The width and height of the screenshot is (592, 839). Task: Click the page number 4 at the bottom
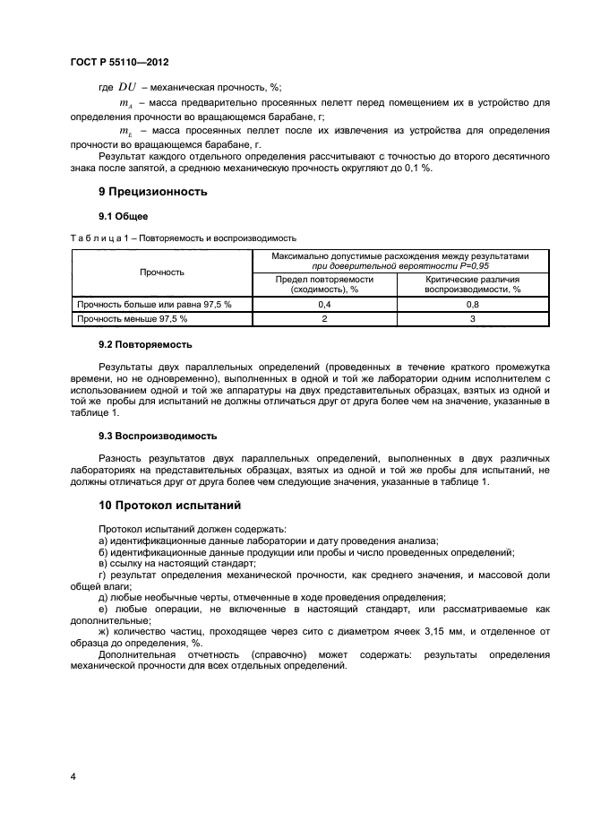point(73,775)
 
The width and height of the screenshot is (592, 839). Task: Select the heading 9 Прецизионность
point(152,191)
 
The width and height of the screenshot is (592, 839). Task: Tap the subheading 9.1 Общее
point(123,216)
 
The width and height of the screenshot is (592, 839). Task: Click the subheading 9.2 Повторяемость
point(144,344)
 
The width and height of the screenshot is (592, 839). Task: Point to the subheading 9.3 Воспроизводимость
point(157,436)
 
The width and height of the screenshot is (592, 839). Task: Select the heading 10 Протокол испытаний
point(169,506)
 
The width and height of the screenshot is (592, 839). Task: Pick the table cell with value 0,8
point(472,305)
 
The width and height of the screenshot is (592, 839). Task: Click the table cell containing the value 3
point(472,318)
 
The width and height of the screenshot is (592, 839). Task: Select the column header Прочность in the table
point(162,272)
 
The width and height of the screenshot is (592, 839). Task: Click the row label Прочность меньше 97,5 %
point(133,318)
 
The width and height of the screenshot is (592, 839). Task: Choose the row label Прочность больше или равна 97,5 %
point(154,305)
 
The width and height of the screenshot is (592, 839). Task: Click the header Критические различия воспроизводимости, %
point(472,284)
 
